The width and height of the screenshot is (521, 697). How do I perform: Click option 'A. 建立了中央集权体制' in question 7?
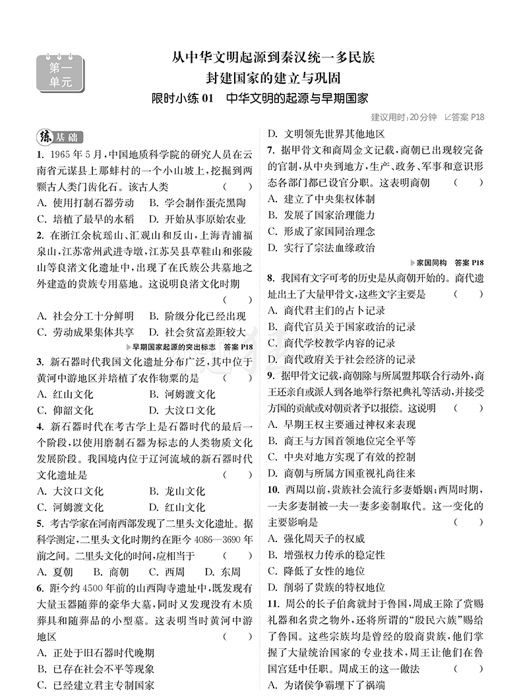click(x=322, y=198)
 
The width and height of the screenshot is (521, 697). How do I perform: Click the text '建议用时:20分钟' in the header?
click(x=404, y=117)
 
